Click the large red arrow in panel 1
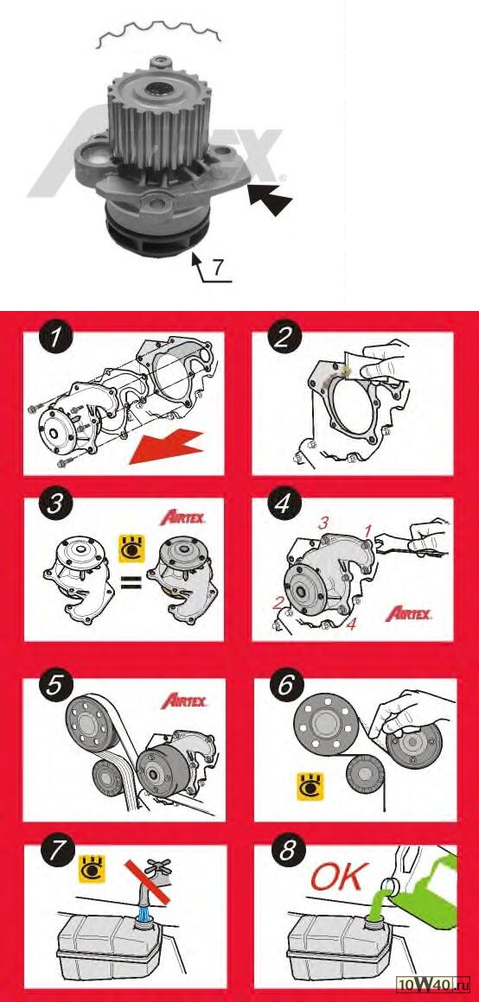[168, 448]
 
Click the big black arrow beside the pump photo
[270, 198]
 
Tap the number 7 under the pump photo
[218, 267]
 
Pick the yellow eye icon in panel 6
[310, 786]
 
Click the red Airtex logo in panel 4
[409, 615]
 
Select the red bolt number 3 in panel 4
[324, 523]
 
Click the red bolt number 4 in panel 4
[351, 625]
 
